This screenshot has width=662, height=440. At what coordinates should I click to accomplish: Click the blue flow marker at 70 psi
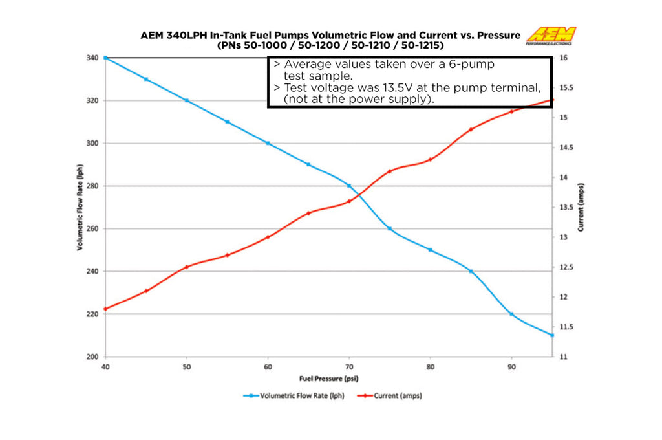(x=349, y=186)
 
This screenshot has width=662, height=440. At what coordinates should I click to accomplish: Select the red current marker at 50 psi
(x=187, y=267)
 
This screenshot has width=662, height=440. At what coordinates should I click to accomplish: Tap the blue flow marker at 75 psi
(x=390, y=228)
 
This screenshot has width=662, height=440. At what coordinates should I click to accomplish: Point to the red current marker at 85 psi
(x=471, y=129)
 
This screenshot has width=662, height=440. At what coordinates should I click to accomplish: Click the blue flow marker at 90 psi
(x=511, y=314)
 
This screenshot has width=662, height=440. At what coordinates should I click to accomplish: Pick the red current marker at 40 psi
(x=105, y=309)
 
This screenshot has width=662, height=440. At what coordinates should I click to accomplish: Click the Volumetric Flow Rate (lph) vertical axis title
(x=80, y=207)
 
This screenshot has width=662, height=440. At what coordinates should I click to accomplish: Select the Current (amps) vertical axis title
(x=581, y=207)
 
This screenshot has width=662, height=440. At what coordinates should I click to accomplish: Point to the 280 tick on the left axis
(x=92, y=186)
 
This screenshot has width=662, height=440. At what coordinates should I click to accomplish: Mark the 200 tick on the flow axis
(x=92, y=357)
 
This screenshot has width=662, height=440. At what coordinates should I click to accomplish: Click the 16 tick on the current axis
(x=564, y=58)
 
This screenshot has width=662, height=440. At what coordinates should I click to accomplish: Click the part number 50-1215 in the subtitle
(x=421, y=47)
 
